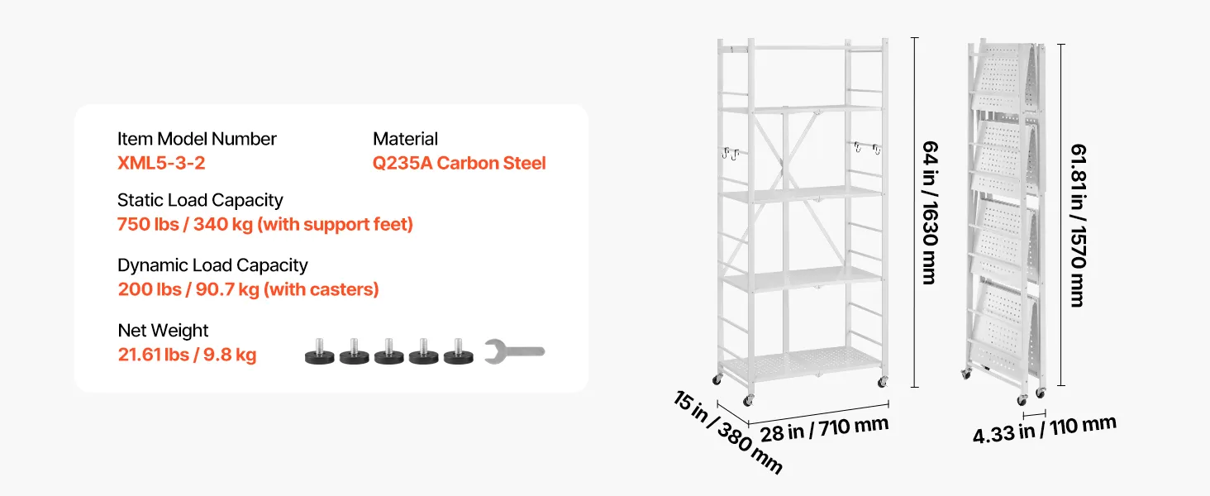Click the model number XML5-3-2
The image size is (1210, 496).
pyautogui.click(x=161, y=163)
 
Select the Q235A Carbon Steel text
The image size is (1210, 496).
pyautogui.click(x=460, y=163)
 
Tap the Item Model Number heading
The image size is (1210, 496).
pyautogui.click(x=198, y=139)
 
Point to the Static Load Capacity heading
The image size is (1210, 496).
pyautogui.click(x=200, y=200)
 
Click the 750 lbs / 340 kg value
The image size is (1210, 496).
pyautogui.click(x=185, y=225)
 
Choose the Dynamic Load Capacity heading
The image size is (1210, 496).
pyautogui.click(x=213, y=265)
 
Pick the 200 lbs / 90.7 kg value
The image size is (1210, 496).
pyautogui.click(x=188, y=289)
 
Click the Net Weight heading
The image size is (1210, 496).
pyautogui.click(x=163, y=331)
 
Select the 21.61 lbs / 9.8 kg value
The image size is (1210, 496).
pyautogui.click(x=187, y=355)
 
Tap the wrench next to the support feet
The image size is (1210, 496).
pyautogui.click(x=514, y=351)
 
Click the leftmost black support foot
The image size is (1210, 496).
pyautogui.click(x=319, y=352)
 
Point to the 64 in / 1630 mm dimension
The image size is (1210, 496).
pyautogui.click(x=930, y=212)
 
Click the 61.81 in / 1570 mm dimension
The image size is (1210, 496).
pyautogui.click(x=1079, y=226)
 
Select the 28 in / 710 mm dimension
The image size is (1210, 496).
pyautogui.click(x=824, y=429)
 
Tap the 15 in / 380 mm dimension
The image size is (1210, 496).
pyautogui.click(x=728, y=432)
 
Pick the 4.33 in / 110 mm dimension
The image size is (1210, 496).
pyautogui.click(x=1044, y=430)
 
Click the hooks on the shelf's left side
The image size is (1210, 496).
pyautogui.click(x=731, y=154)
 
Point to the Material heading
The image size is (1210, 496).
pyautogui.click(x=405, y=139)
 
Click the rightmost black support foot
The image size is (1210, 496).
pyautogui.click(x=459, y=352)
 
